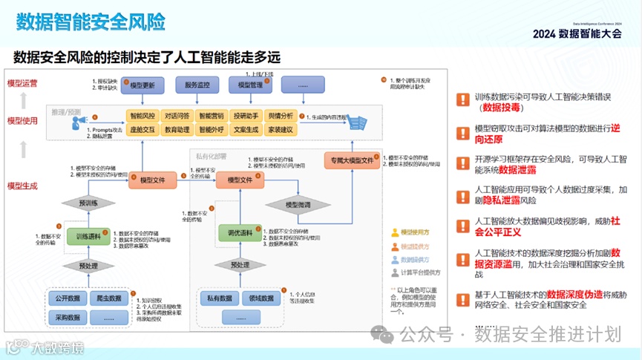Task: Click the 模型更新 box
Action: [141, 86]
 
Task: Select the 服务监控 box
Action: [203, 86]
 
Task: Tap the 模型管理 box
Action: [250, 86]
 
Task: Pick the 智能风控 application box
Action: [143, 116]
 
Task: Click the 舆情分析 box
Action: [280, 116]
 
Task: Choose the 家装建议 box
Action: [280, 129]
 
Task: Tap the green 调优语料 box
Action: [239, 235]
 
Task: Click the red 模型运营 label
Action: [22, 84]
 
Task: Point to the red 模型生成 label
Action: [22, 186]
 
